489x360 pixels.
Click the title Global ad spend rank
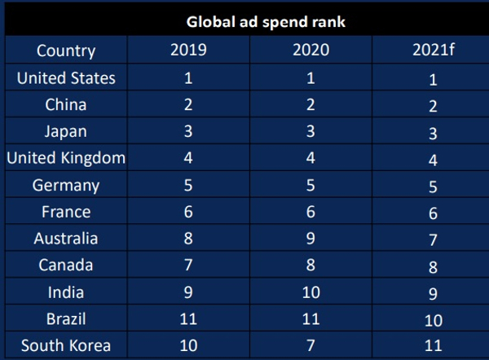pos(265,21)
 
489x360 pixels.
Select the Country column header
pos(65,50)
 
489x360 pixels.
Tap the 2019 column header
pos(188,50)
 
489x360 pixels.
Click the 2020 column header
pos(311,50)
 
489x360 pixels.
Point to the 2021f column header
pos(433,50)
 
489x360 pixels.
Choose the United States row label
pos(66,78)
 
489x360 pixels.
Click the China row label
pos(66,105)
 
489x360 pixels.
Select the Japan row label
pos(66,132)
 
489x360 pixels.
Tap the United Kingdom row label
pos(66,159)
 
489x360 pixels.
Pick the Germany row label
pos(66,186)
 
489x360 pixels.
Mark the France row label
pos(66,212)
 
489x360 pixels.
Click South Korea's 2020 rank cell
pos(311,345)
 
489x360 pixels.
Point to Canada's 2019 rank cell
pos(188,266)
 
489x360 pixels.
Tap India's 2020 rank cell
pos(311,292)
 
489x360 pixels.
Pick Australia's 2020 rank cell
pos(311,239)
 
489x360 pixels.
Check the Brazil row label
pos(66,318)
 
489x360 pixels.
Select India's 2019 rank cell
pos(188,292)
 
